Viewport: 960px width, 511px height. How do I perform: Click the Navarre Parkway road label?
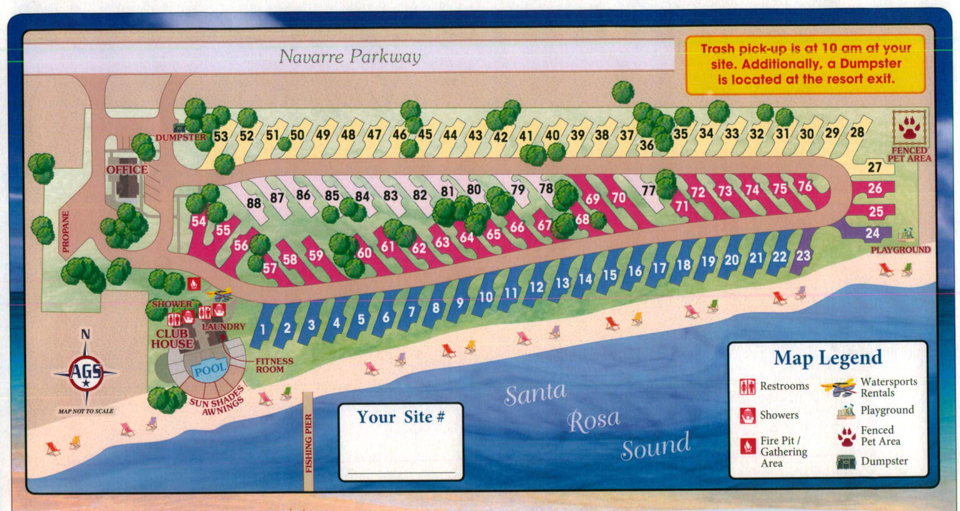coord(349,57)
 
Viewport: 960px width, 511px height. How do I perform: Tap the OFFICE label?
coord(127,170)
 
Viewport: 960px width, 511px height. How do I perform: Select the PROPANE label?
coord(66,231)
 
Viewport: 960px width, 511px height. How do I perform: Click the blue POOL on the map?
coord(209,370)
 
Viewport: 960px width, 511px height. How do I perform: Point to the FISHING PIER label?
coord(307,443)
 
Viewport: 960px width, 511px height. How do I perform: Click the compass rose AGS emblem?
coord(86,373)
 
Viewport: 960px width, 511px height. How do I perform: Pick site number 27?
coord(874,167)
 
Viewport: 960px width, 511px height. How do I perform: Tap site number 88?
coord(253,203)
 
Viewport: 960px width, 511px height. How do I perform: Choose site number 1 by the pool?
coord(263,329)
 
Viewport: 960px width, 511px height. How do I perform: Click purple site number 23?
coord(803,255)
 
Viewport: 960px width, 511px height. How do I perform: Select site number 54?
coord(199,221)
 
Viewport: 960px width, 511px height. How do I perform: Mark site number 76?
coord(805,186)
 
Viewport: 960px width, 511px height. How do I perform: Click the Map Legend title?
coord(827,358)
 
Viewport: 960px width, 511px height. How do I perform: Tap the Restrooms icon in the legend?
coord(747,387)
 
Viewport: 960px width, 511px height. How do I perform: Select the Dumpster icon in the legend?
coord(846,462)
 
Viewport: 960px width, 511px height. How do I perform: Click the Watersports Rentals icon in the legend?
coord(839,387)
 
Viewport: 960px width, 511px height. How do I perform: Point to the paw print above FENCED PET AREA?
coord(909,128)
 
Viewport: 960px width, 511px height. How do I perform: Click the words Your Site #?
coord(401,417)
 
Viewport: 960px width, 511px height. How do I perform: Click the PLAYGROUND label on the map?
coord(901,250)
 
